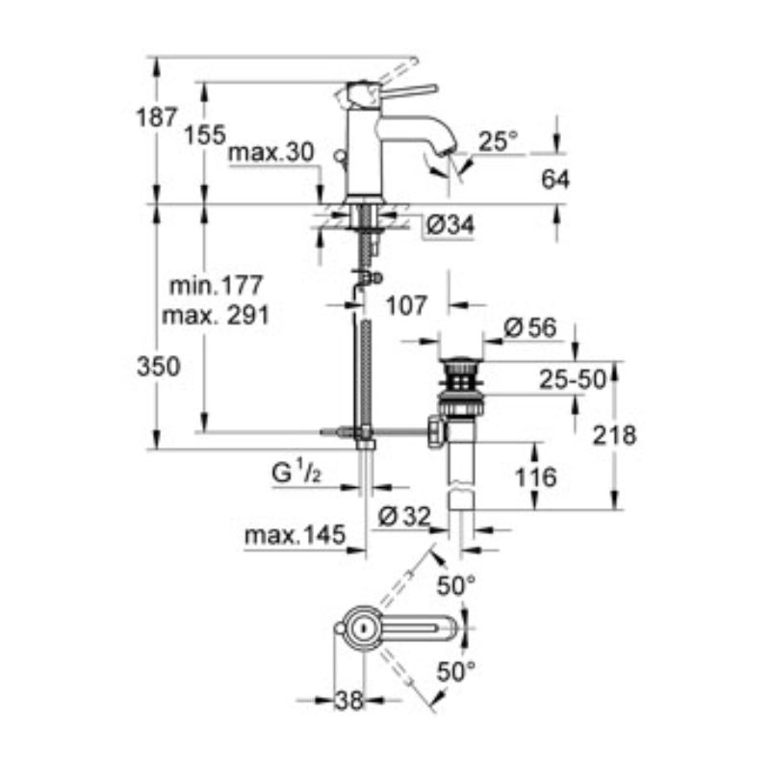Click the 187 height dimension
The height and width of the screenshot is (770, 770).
click(156, 117)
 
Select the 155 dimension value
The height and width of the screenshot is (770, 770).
click(205, 135)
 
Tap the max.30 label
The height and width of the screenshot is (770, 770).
click(271, 153)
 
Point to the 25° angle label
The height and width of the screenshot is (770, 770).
click(498, 141)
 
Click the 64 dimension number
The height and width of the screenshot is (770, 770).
click(555, 179)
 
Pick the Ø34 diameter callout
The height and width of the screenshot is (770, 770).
click(450, 225)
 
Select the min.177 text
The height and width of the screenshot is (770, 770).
click(216, 285)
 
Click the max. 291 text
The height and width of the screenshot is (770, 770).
click(216, 316)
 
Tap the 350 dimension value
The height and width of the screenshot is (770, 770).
click(159, 367)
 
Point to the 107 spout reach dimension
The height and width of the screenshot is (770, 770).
click(406, 306)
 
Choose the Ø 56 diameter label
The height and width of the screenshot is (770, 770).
click(530, 327)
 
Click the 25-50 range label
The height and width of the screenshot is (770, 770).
click(573, 379)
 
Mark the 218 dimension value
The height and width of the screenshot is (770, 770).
click(614, 436)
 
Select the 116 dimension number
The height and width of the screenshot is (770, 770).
click(536, 477)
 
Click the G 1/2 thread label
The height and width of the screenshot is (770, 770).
click(296, 474)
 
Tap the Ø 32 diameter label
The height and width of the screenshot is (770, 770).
click(404, 516)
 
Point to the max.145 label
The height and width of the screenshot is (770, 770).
click(295, 535)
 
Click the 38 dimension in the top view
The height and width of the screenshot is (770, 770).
click(349, 701)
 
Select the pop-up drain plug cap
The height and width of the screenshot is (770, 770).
click(461, 362)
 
